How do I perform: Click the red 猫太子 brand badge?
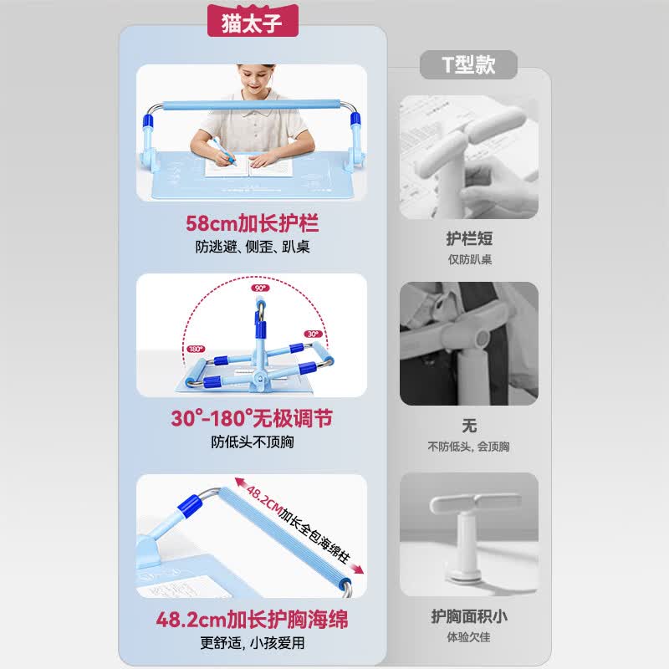253,21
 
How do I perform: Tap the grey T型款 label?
468,65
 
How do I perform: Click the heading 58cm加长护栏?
253,223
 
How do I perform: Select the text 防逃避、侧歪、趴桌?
253,247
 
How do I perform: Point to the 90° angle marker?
260,288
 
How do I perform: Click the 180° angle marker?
196,349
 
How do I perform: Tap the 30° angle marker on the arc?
313,334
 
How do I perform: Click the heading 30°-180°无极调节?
252,418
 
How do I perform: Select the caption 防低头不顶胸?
253,442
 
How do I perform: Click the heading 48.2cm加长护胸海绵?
252,620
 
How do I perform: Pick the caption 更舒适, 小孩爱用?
253,643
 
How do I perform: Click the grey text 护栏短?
469,238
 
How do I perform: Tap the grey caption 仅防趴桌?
469,259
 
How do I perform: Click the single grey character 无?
469,426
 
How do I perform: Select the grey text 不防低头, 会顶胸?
468,447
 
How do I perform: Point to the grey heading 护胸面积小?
469,616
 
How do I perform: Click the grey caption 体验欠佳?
468,637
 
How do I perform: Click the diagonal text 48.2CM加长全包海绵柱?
299,525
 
